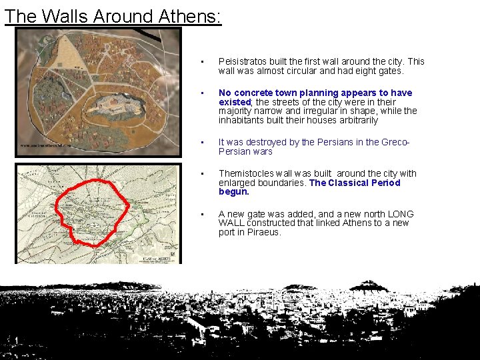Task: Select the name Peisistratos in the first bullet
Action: pos(243,61)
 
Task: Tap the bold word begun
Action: pos(233,191)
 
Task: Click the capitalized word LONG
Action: pos(399,214)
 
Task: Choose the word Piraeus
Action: pos(264,232)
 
